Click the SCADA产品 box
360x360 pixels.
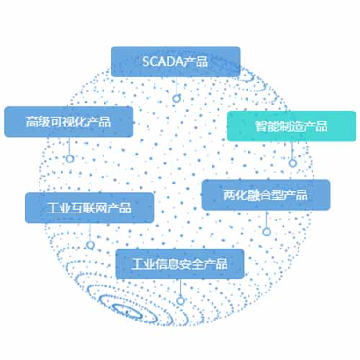(176, 62)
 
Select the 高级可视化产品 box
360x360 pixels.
(69, 122)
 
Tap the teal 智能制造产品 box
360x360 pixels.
(291, 126)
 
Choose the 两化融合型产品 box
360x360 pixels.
(266, 195)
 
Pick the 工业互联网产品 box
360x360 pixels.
(90, 208)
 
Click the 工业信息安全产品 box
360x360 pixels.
(180, 264)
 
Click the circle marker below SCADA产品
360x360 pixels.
(176, 98)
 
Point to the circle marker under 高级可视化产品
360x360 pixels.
(70, 158)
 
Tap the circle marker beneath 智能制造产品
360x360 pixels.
(293, 163)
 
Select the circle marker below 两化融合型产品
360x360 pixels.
(266, 231)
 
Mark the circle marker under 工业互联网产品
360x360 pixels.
(90, 245)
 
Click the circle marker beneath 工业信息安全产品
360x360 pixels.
(181, 301)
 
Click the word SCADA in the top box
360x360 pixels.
(162, 62)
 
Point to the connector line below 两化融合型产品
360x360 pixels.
(266, 219)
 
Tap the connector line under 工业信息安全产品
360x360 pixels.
(181, 288)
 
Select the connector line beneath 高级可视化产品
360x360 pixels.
(70, 146)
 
